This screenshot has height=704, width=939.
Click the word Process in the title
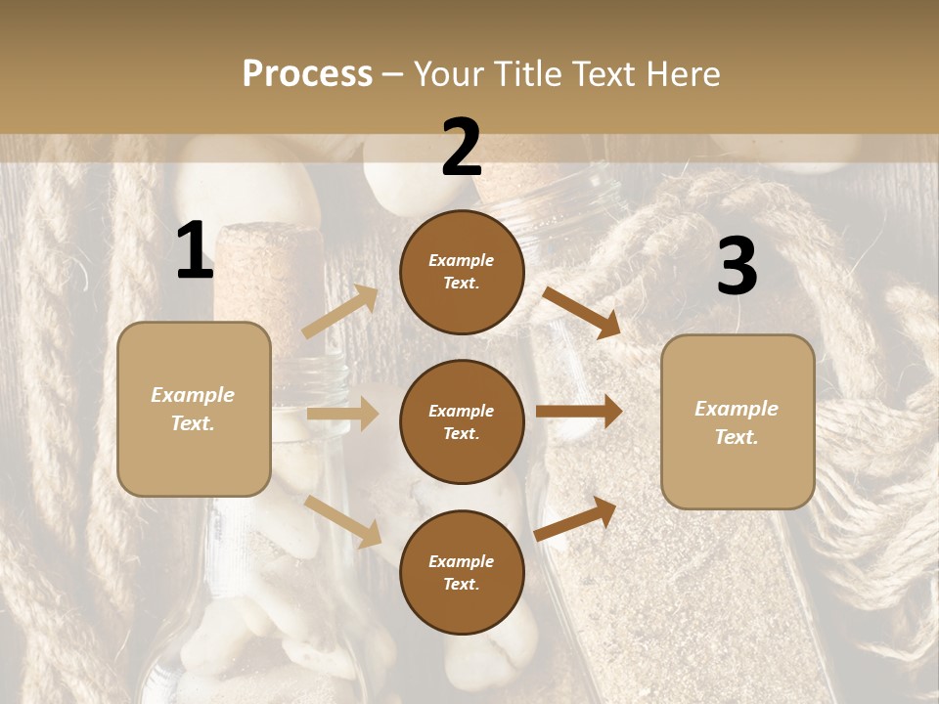[307, 74]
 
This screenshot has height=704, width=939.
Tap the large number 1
[195, 251]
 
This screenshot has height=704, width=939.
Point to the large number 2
[462, 148]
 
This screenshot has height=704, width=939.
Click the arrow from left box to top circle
[340, 311]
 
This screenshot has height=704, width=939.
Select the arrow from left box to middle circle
[342, 415]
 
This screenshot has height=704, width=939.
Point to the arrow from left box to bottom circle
[343, 520]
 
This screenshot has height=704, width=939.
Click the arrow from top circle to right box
[581, 312]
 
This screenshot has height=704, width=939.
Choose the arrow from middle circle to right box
[579, 412]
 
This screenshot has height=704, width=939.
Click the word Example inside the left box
[193, 395]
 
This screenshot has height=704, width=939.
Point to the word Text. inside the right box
[737, 437]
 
